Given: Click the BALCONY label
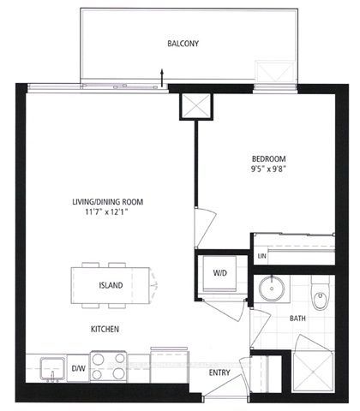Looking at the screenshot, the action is tap(183, 44).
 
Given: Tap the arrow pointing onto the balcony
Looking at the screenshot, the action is tap(162, 77).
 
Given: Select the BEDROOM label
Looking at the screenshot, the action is tap(268, 159).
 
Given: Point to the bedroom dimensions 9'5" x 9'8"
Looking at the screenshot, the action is tap(268, 169).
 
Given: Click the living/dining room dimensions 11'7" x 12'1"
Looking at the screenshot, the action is tap(106, 212).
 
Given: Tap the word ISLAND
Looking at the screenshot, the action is tap(111, 285).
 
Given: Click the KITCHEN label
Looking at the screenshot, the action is tap(105, 329).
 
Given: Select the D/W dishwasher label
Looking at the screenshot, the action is tap(78, 368).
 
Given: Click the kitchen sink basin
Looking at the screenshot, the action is tap(52, 369).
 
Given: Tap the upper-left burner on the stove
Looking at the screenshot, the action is tap(98, 360).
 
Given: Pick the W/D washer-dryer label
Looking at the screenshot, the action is tap(220, 273).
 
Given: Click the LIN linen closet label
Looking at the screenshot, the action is tap(261, 256).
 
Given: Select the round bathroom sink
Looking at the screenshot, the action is tap(272, 289).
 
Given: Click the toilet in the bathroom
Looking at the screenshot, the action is tap(320, 293).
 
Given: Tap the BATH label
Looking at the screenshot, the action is tap(297, 319).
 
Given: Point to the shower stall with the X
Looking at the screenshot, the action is tap(313, 372).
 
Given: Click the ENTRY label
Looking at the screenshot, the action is tap(219, 372).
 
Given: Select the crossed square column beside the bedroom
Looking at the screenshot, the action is tap(196, 106).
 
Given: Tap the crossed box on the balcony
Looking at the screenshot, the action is tap(274, 72).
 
